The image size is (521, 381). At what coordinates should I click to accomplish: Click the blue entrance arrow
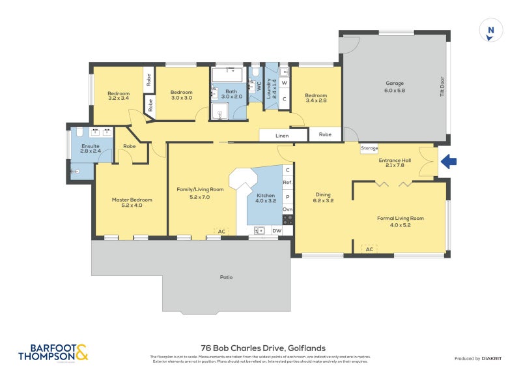(449, 161)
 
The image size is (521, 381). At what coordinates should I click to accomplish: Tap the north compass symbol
(490, 31)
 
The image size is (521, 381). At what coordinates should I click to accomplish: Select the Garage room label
(395, 83)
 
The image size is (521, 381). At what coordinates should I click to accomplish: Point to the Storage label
(369, 149)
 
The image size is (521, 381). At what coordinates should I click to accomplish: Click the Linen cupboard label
(282, 135)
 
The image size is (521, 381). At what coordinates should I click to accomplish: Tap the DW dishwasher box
(276, 230)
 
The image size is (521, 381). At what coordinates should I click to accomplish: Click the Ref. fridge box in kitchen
(287, 183)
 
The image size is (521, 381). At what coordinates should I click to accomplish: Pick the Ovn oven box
(287, 209)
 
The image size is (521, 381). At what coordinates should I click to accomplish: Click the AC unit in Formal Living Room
(369, 249)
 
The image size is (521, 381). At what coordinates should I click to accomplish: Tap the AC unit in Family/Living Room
(221, 231)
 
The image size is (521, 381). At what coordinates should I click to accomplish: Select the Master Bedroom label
(132, 200)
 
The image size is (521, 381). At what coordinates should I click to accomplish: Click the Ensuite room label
(91, 146)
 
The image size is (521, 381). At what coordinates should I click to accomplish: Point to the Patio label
(226, 277)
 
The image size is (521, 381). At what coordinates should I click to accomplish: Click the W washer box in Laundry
(285, 83)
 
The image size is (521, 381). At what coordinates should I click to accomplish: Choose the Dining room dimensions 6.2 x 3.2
(324, 201)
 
